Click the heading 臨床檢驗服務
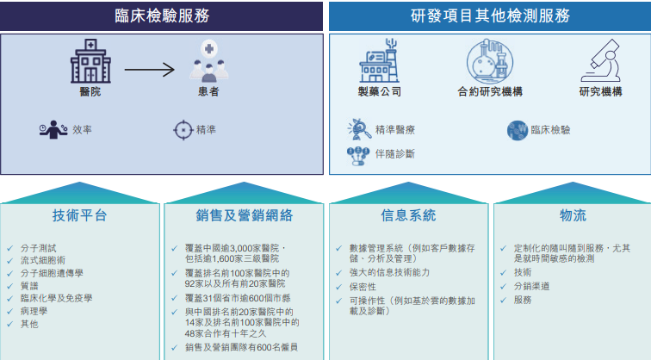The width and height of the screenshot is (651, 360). [162, 16]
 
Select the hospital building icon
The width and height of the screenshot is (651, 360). [90, 60]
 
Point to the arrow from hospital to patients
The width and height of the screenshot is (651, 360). [149, 70]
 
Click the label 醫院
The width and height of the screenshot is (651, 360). [90, 92]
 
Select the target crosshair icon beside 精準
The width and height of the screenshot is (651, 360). [182, 130]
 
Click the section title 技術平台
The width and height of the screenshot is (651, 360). [80, 215]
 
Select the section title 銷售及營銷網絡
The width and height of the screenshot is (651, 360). [244, 215]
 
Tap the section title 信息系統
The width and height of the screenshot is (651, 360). [408, 215]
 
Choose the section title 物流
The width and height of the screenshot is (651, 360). [573, 215]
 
